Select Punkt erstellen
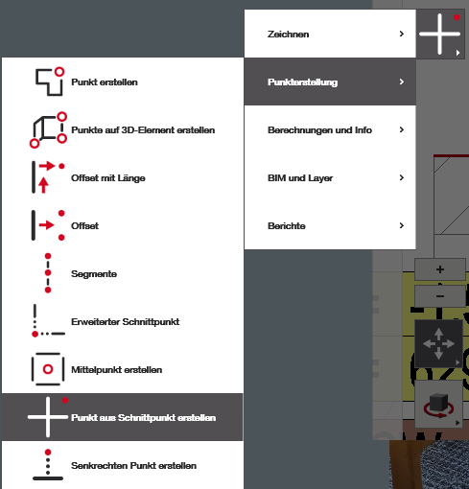pos(105,82)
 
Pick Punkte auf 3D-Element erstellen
pos(143,130)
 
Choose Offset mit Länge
pos(108,178)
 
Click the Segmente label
pos(94,274)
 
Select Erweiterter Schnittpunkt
pos(125,322)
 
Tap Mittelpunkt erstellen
pos(116,370)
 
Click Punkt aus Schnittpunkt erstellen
pos(143,418)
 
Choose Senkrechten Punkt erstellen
pos(133,466)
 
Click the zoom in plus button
pos(440,269)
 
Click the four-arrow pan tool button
pos(438,344)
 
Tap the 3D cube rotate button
pos(438,404)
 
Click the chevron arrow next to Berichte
pos(402,225)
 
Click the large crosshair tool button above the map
pos(440,34)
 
